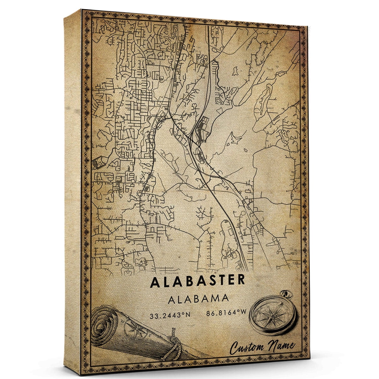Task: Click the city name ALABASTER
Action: pyautogui.click(x=198, y=281)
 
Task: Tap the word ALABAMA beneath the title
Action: pyautogui.click(x=199, y=299)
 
